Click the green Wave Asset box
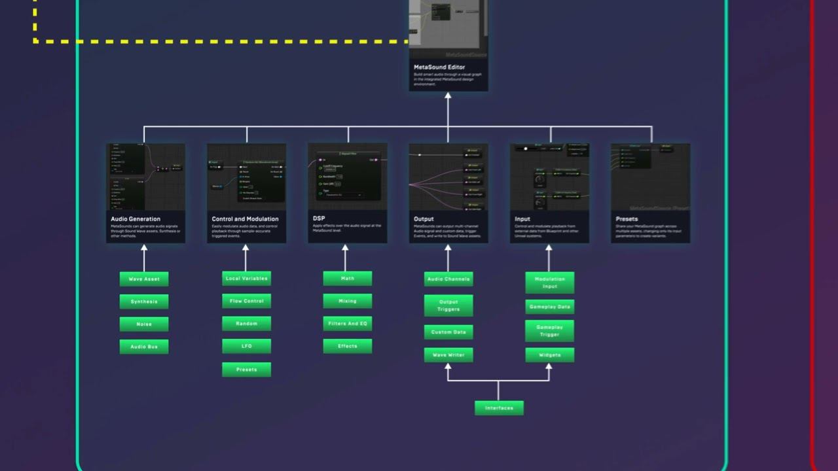coord(144,279)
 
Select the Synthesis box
coord(144,302)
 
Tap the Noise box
coord(144,324)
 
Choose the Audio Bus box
coord(144,347)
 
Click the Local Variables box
coord(246,279)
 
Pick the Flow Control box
coord(246,301)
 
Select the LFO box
coord(246,346)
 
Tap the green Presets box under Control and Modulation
coord(246,370)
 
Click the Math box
coord(348,279)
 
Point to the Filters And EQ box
coord(348,323)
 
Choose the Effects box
coord(348,346)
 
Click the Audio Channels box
coord(448,279)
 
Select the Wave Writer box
coord(448,355)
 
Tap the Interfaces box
coord(499,408)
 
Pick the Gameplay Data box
coord(550,307)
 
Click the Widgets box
coord(550,355)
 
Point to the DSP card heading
coord(319,219)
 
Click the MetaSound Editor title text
coord(439,67)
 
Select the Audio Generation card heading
coord(136,219)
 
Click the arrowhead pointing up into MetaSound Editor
coord(448,96)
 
